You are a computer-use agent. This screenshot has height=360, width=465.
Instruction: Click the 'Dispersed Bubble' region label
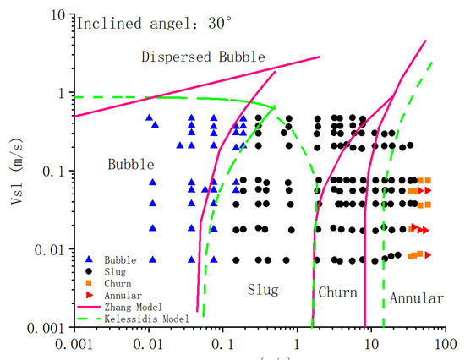(x=203, y=57)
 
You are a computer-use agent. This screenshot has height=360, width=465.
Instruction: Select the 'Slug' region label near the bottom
(x=262, y=290)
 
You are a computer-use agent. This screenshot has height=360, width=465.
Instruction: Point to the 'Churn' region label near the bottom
(x=337, y=292)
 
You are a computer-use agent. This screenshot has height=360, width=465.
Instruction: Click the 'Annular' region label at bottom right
(x=417, y=298)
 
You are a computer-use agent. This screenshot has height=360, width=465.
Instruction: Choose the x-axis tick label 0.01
(x=150, y=345)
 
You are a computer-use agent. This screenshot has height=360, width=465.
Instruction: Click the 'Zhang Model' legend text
(x=132, y=307)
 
